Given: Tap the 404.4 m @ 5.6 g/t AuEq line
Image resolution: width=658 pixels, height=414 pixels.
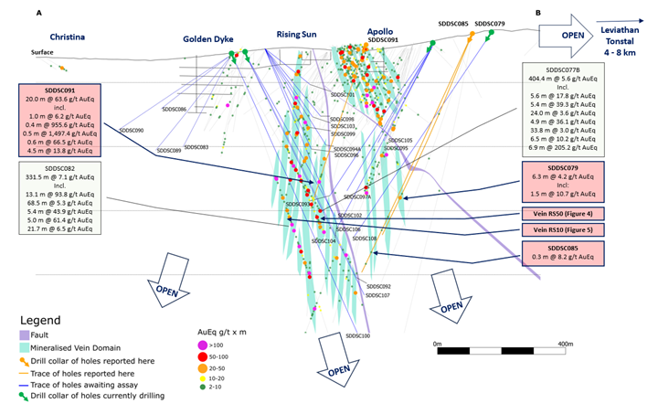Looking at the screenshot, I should [x=564, y=80].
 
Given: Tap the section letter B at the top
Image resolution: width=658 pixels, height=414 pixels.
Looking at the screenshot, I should [x=538, y=14].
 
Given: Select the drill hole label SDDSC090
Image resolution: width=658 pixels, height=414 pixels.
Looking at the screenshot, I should [x=132, y=131].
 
